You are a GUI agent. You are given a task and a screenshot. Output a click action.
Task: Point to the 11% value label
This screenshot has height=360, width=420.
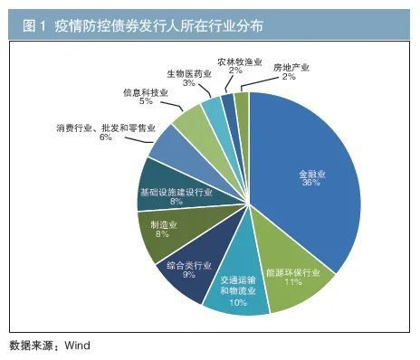[x=291, y=282]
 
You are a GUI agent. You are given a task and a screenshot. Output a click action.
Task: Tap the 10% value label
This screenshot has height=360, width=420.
[x=238, y=302]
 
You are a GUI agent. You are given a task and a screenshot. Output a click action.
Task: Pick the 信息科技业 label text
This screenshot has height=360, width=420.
[x=145, y=92]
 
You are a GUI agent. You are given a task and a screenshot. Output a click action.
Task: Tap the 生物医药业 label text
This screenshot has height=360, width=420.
[x=188, y=71]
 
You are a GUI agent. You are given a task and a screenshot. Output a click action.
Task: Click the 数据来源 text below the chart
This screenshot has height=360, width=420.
[x=31, y=345]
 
